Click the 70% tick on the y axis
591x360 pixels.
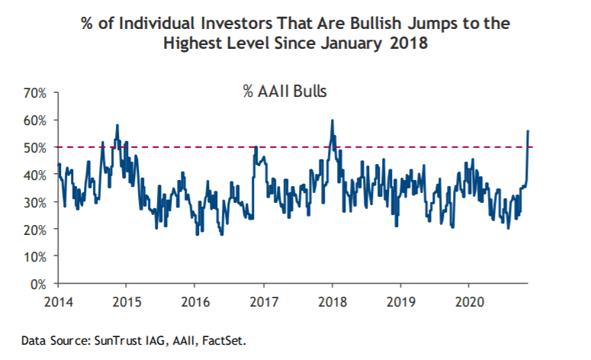tap(36, 93)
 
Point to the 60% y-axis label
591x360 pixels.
tap(36, 121)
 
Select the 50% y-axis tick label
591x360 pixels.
tap(36, 147)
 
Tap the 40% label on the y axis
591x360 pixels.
tap(36, 175)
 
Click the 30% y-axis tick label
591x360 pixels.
tap(36, 202)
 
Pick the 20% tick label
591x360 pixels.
tap(36, 230)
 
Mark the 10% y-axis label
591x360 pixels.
tap(36, 256)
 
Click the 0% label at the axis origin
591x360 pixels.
tap(39, 284)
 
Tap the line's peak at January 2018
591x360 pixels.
tap(332, 121)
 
